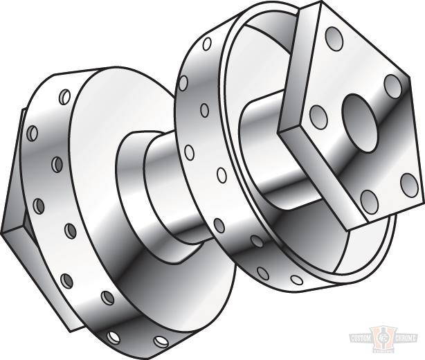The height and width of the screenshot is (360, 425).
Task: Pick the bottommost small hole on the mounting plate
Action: pyautogui.click(x=369, y=201)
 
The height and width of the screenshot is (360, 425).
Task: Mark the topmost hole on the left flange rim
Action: pyautogui.click(x=65, y=95)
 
